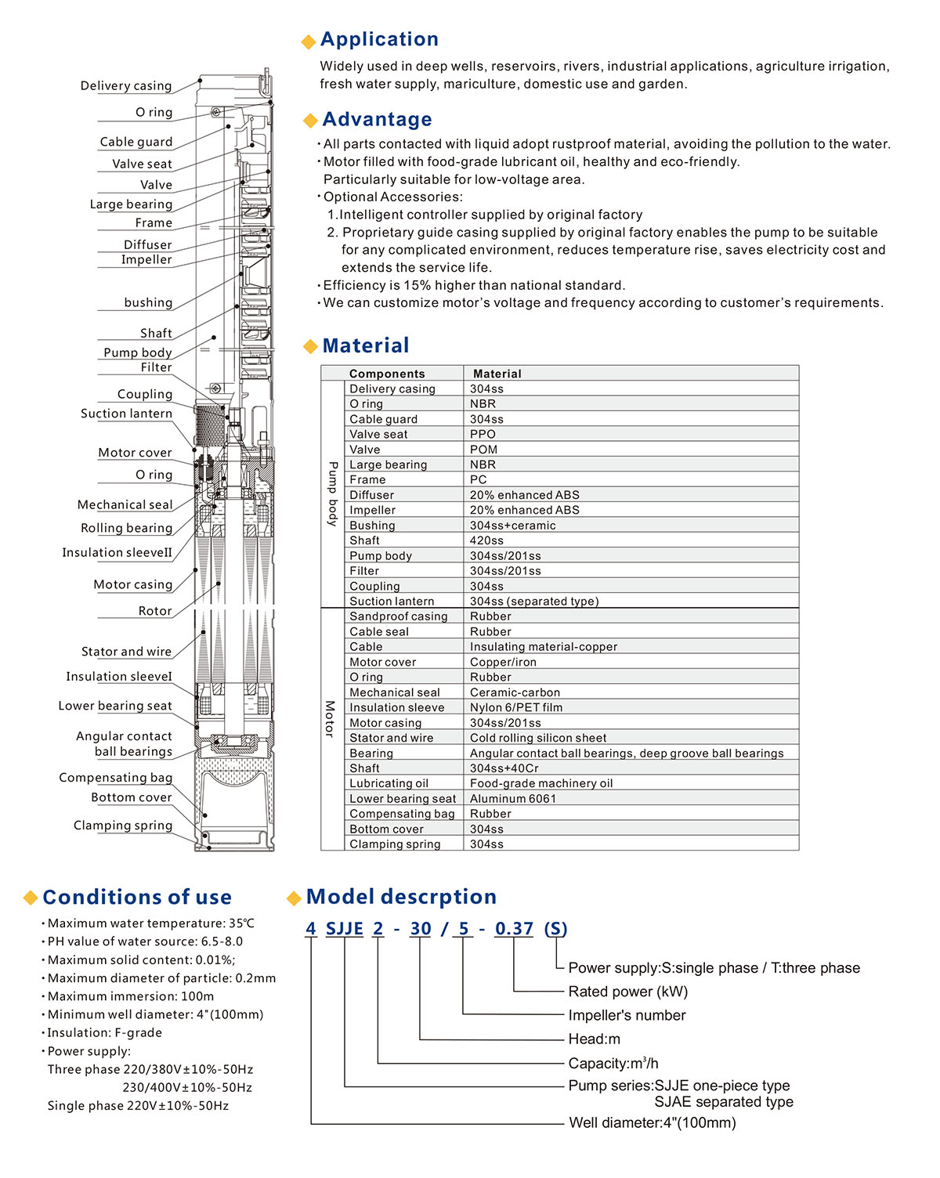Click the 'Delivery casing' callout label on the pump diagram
tap(126, 86)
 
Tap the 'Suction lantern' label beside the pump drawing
tap(126, 414)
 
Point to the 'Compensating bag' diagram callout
tap(116, 778)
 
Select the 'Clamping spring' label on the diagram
tap(123, 826)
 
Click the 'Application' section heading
tap(379, 39)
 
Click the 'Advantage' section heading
tap(377, 119)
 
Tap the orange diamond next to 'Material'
tap(310, 347)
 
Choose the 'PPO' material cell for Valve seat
tap(483, 435)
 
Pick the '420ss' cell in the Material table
tap(486, 540)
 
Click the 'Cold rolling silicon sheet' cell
tap(538, 738)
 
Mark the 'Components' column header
tap(387, 374)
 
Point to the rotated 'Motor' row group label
tap(330, 719)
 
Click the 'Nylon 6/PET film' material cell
tap(516, 707)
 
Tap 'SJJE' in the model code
tap(345, 929)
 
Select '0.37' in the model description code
tap(514, 929)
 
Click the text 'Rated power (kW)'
tap(628, 992)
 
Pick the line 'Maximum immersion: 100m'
tap(131, 996)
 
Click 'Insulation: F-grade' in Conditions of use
tap(105, 1033)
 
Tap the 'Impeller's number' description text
tap(627, 1016)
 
